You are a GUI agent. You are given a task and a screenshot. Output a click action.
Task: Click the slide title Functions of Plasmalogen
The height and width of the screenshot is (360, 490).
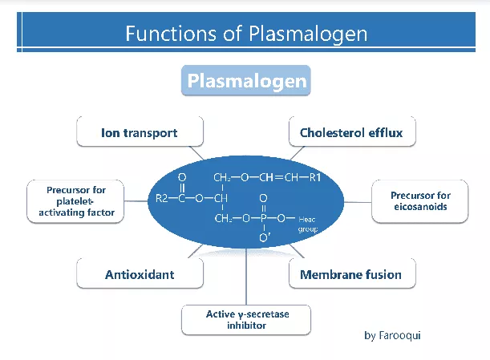pyautogui.click(x=245, y=34)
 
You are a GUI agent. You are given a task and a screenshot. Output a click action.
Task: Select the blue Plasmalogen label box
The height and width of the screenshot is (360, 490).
pyautogui.click(x=245, y=81)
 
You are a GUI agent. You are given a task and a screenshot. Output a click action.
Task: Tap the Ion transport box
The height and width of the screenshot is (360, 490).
pyautogui.click(x=139, y=132)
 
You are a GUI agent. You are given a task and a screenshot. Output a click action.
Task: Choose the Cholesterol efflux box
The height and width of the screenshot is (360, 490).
pyautogui.click(x=351, y=132)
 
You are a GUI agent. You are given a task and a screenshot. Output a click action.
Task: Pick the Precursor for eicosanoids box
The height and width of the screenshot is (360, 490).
pyautogui.click(x=420, y=201)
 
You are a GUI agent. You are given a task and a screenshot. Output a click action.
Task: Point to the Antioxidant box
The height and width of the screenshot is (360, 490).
pyautogui.click(x=140, y=275)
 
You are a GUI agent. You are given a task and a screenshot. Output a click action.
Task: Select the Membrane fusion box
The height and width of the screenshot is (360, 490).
pyautogui.click(x=350, y=275)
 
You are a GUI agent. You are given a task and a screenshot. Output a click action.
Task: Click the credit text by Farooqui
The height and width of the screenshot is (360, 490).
pyautogui.click(x=392, y=335)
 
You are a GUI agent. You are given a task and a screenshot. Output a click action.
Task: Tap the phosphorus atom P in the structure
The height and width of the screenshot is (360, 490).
pyautogui.click(x=264, y=217)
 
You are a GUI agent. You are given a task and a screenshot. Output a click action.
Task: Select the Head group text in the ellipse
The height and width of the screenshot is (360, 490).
pyautogui.click(x=308, y=224)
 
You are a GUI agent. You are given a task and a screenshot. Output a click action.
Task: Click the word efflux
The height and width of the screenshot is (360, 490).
pyautogui.click(x=386, y=132)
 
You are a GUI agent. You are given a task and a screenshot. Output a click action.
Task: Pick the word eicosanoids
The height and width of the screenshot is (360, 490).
pyautogui.click(x=420, y=207)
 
